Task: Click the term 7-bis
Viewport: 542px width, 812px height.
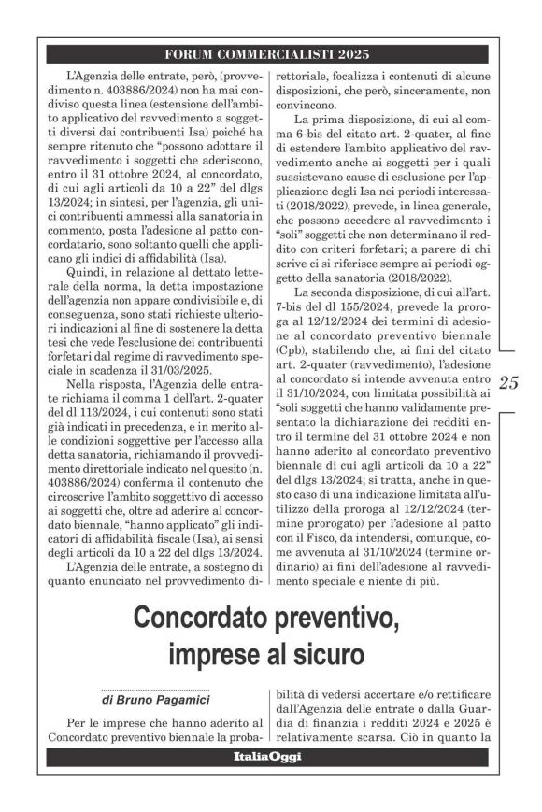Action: click(285, 316)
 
